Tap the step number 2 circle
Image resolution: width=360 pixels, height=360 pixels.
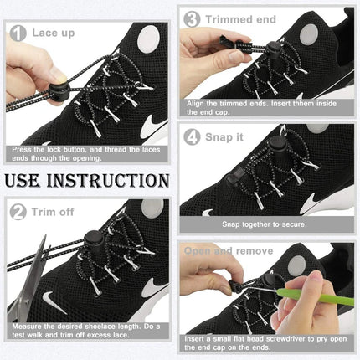coord(17,213)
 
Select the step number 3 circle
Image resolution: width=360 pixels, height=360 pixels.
coord(192,18)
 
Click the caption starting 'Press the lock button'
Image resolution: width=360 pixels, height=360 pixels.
coord(88,153)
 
